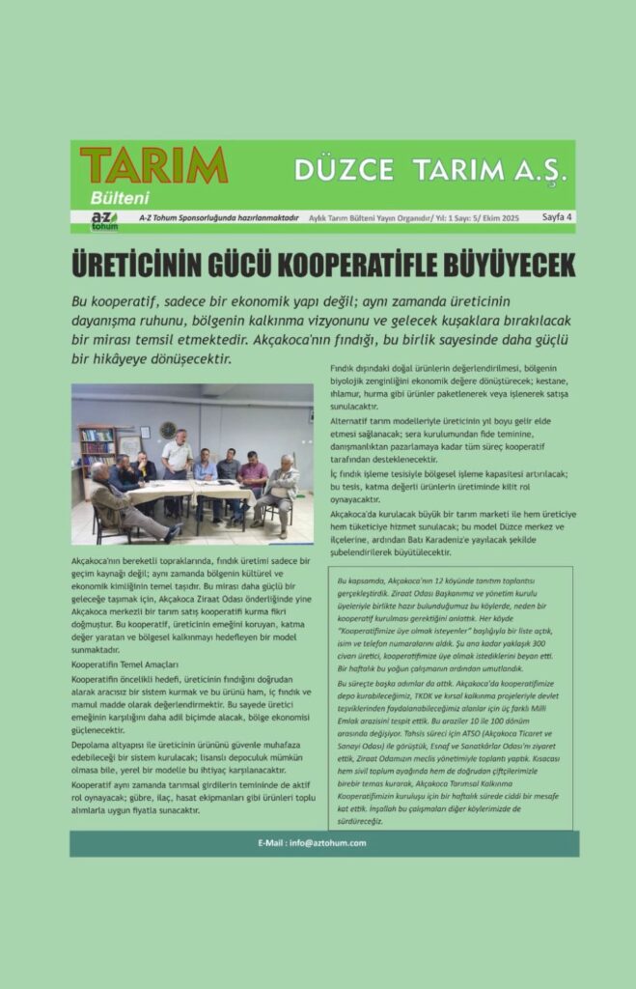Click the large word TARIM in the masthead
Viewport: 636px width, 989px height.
click(153, 165)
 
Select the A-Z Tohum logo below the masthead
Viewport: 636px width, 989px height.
click(103, 220)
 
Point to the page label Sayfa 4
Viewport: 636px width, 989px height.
click(556, 218)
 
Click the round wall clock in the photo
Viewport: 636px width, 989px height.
click(168, 430)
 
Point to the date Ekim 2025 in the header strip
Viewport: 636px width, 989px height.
click(500, 219)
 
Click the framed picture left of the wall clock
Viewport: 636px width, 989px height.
click(144, 432)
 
